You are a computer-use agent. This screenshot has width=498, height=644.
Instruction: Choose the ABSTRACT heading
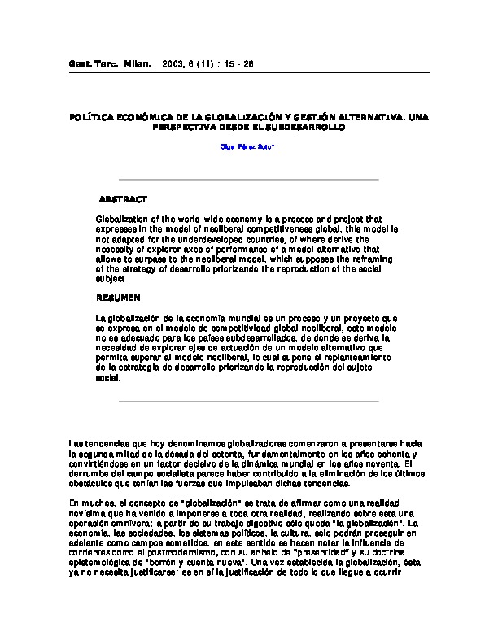[x=123, y=199]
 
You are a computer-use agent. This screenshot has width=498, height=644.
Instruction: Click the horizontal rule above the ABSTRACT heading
[x=248, y=180]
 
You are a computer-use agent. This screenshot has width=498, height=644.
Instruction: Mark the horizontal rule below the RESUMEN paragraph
[x=248, y=402]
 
